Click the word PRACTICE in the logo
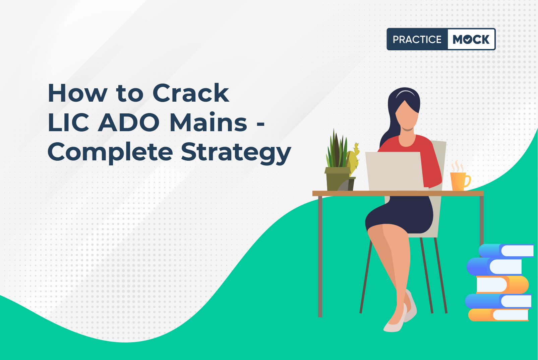pos(417,39)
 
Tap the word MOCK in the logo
pos(471,39)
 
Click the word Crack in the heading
pos(191,93)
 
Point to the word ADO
pos(128,122)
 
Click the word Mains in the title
pos(208,122)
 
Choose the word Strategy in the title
pos(236,153)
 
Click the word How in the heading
pos(77,93)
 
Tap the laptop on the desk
pos(395,171)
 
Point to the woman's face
pos(407,116)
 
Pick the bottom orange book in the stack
pos(498,315)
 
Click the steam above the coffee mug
pos(458,166)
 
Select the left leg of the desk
pos(320,256)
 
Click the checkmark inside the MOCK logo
pos(468,40)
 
